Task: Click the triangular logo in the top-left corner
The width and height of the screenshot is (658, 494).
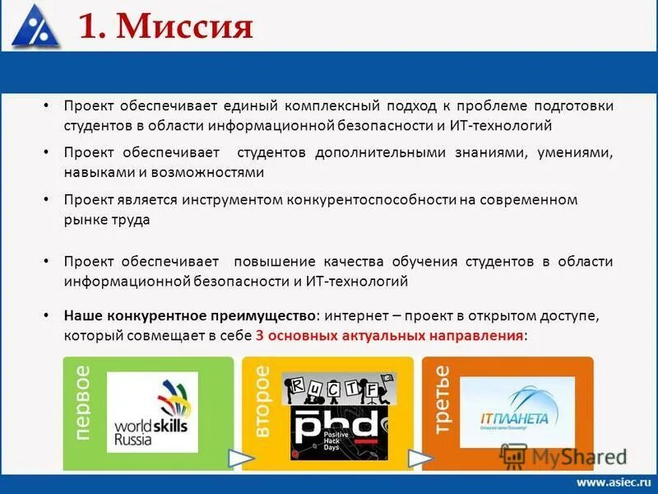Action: tap(35, 26)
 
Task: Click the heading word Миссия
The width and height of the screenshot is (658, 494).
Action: tap(185, 26)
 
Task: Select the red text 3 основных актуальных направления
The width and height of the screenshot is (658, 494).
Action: tap(389, 336)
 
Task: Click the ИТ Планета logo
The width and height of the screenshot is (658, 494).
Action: tap(516, 412)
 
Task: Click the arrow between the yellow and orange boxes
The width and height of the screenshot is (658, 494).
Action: tap(420, 458)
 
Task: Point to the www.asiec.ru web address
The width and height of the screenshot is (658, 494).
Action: tap(613, 482)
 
